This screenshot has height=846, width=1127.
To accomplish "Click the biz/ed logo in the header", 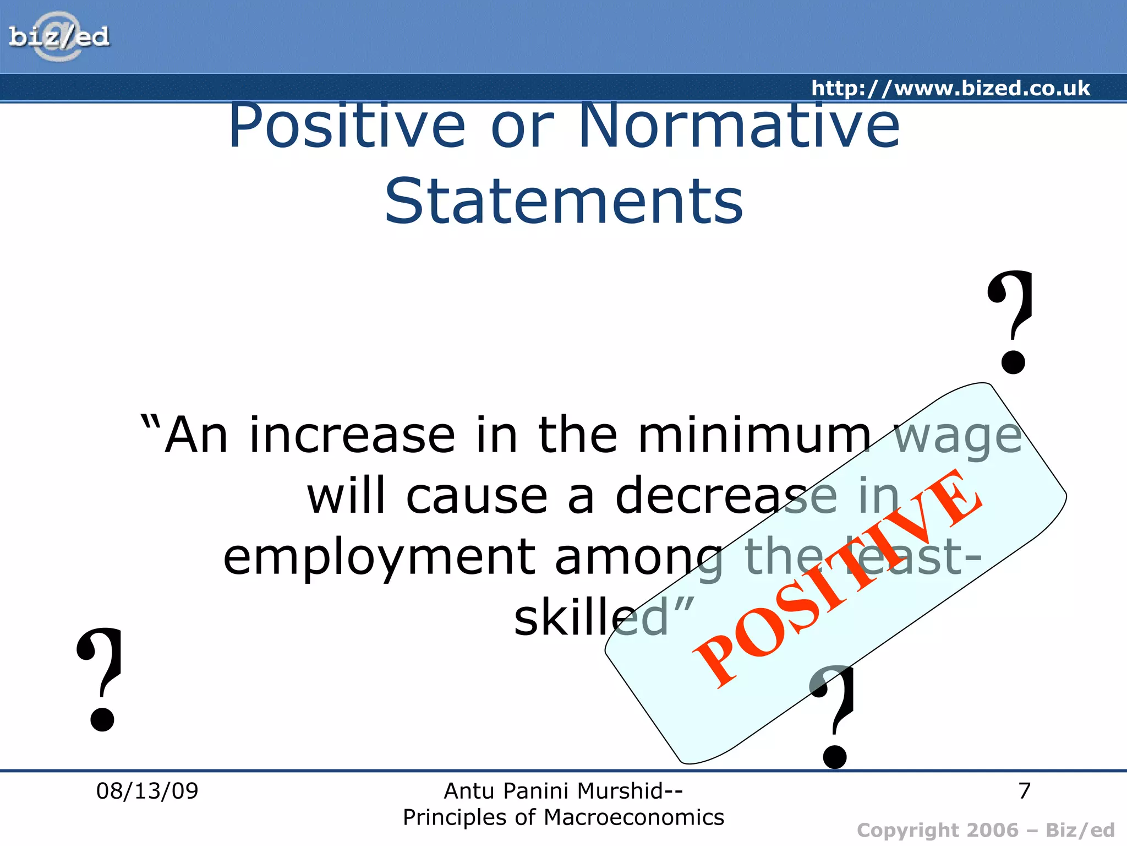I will [59, 37].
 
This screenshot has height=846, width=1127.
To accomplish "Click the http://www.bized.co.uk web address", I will [950, 88].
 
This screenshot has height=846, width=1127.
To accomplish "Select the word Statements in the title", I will [563, 202].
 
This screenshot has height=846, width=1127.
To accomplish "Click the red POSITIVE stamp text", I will [838, 578].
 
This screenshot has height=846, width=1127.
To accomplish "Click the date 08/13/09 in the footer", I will [147, 791].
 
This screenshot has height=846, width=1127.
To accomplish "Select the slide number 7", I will [1024, 791].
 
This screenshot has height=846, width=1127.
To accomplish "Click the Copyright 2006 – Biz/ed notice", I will [986, 830].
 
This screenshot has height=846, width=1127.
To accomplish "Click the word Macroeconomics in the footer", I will [633, 817].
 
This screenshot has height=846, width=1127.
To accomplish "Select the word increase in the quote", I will [352, 436].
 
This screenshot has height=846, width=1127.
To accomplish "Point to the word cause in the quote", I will [477, 496].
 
